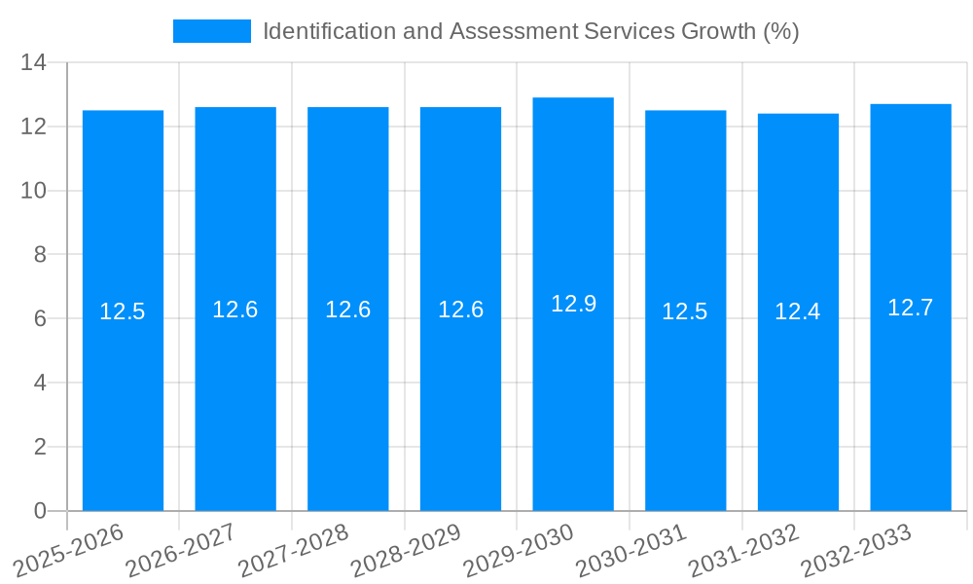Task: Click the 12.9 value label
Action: (573, 304)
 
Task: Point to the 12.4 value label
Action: (798, 311)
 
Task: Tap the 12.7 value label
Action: (911, 308)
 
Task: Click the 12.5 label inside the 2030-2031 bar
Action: (685, 311)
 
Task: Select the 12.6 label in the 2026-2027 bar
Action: (235, 310)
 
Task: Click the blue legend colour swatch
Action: (211, 31)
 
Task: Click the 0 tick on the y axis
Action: (40, 511)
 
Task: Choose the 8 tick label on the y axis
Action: (40, 255)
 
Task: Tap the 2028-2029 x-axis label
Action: (406, 552)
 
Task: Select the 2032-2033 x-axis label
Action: (856, 552)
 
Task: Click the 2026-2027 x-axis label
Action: (181, 552)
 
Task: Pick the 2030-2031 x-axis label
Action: (631, 552)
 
